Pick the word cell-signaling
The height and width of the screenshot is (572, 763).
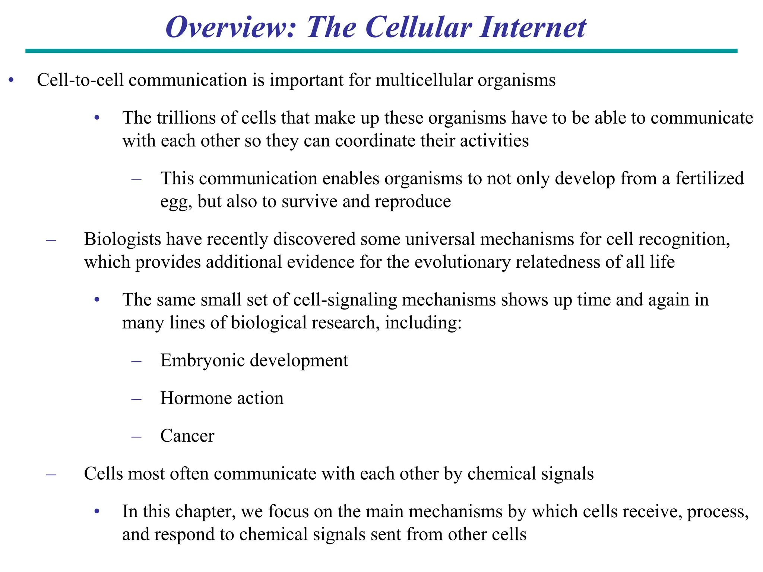point(345,300)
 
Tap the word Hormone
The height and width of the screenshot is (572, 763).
point(196,398)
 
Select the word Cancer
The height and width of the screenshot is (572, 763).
point(187,436)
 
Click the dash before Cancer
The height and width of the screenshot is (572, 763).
point(137,436)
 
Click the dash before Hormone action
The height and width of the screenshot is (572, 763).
point(137,398)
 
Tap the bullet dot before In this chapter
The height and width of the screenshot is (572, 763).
point(97,511)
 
